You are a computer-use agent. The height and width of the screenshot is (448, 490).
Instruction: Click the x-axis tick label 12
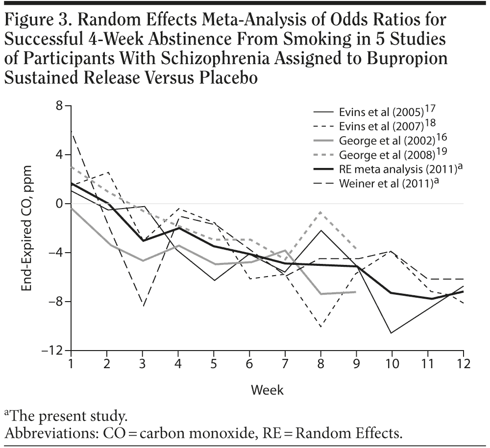463,365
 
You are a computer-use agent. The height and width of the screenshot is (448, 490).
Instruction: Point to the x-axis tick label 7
285,365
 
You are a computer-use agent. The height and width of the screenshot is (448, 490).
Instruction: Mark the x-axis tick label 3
143,365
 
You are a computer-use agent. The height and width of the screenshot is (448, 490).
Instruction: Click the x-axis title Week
267,390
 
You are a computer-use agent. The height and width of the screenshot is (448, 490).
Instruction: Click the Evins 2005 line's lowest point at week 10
392,333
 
